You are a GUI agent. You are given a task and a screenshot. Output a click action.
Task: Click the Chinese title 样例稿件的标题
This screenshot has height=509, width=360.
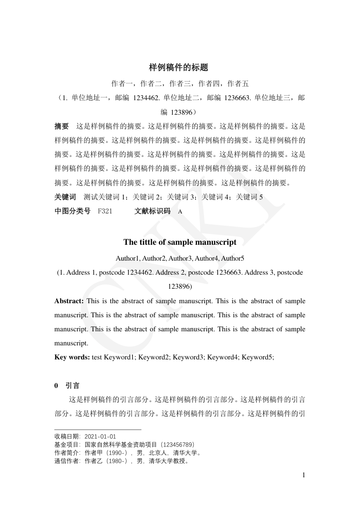[179, 68]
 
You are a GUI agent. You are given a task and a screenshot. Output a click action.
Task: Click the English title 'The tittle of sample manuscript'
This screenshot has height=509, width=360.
[180, 242]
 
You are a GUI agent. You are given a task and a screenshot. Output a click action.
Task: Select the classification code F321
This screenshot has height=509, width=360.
[105, 211]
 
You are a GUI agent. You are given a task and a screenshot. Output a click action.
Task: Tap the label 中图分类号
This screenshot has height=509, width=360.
[73, 211]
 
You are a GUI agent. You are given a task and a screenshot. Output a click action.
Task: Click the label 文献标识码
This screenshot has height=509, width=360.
[153, 211]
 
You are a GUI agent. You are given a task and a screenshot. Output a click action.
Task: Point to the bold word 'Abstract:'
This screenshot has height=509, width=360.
[69, 301]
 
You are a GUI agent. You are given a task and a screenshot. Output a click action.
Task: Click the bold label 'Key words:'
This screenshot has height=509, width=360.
[72, 357]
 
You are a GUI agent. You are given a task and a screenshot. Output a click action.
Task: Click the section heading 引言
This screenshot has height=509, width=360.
[73, 386]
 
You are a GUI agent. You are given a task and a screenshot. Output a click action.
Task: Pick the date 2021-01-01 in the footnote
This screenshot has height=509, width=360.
[100, 437]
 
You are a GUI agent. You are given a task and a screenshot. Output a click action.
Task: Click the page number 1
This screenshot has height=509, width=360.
[304, 475]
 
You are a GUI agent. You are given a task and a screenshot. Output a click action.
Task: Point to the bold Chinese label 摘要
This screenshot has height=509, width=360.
[62, 126]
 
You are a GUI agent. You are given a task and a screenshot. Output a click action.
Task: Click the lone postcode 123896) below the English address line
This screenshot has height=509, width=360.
[180, 286]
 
